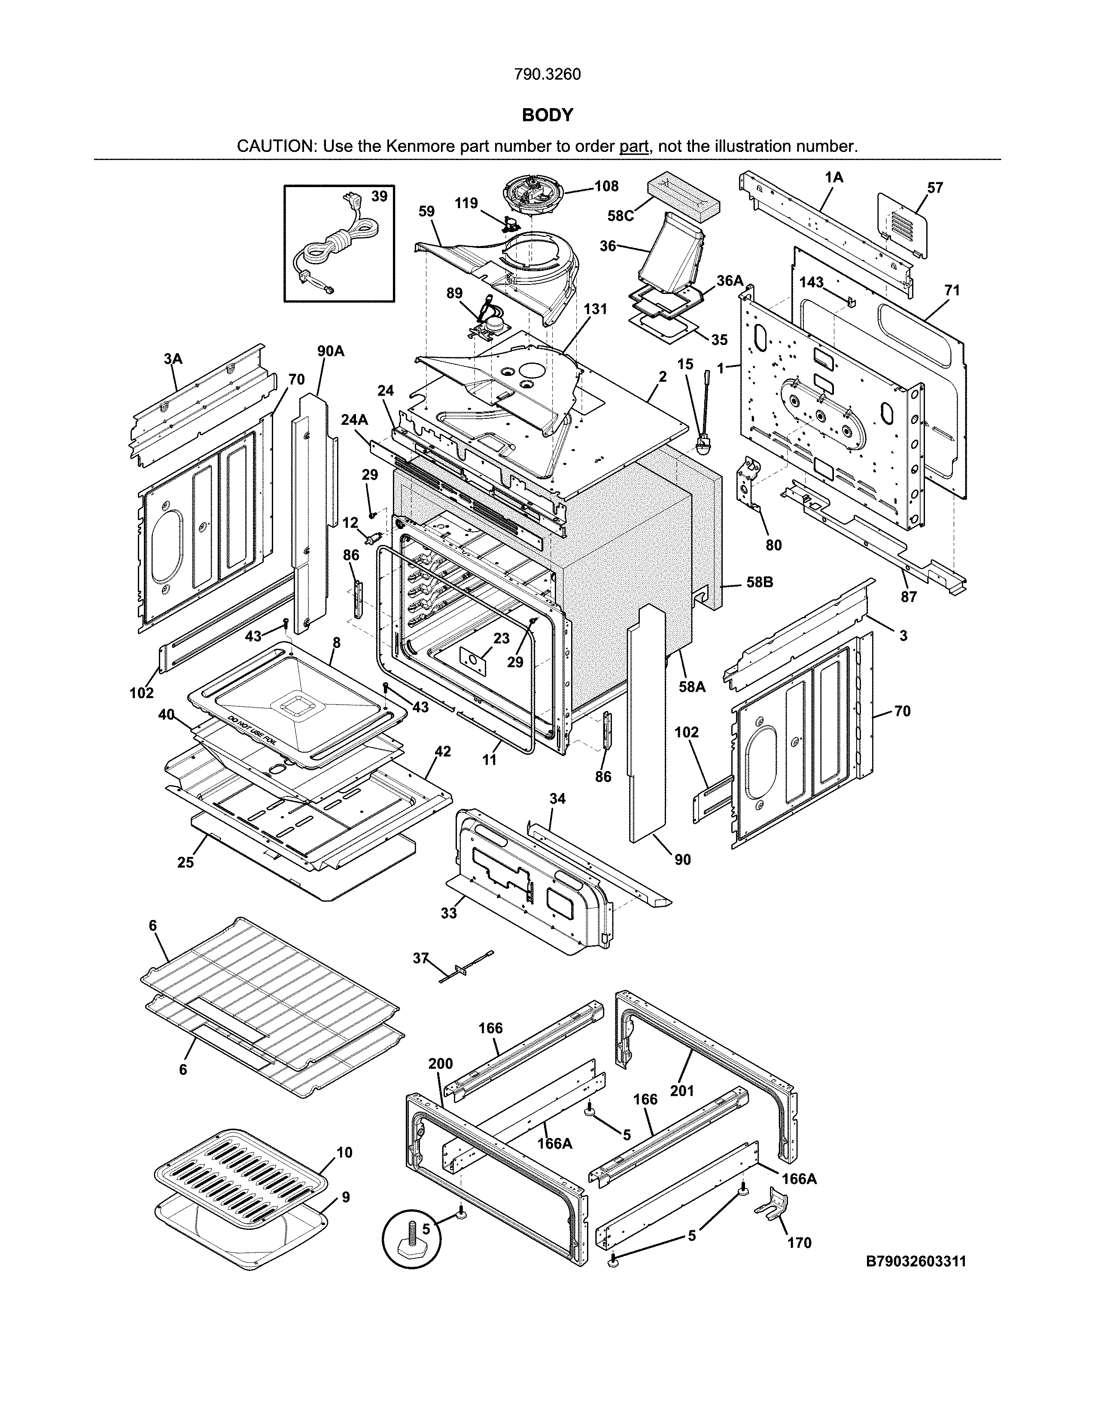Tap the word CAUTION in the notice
pyautogui.click(x=276, y=146)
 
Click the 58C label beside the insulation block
pyautogui.click(x=620, y=216)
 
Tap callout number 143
pyautogui.click(x=811, y=283)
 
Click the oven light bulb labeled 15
pyautogui.click(x=703, y=444)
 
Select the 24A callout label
pyautogui.click(x=354, y=420)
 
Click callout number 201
pyautogui.click(x=682, y=1091)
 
